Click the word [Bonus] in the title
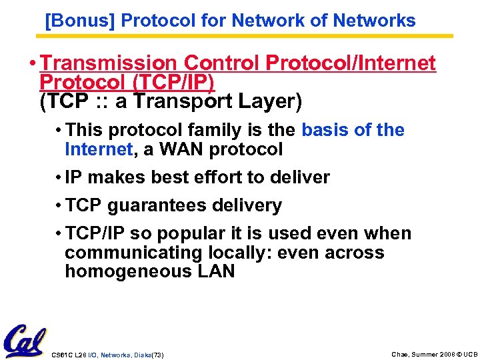[x=81, y=21]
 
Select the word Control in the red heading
[x=222, y=63]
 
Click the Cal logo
[x=25, y=341]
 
